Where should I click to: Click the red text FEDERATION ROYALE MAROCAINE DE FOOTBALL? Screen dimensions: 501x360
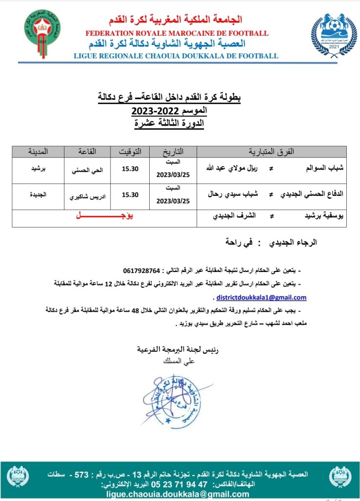click(x=177, y=33)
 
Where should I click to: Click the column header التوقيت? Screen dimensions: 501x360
click(x=131, y=152)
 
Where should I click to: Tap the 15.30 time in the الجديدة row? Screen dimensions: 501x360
click(x=130, y=195)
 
